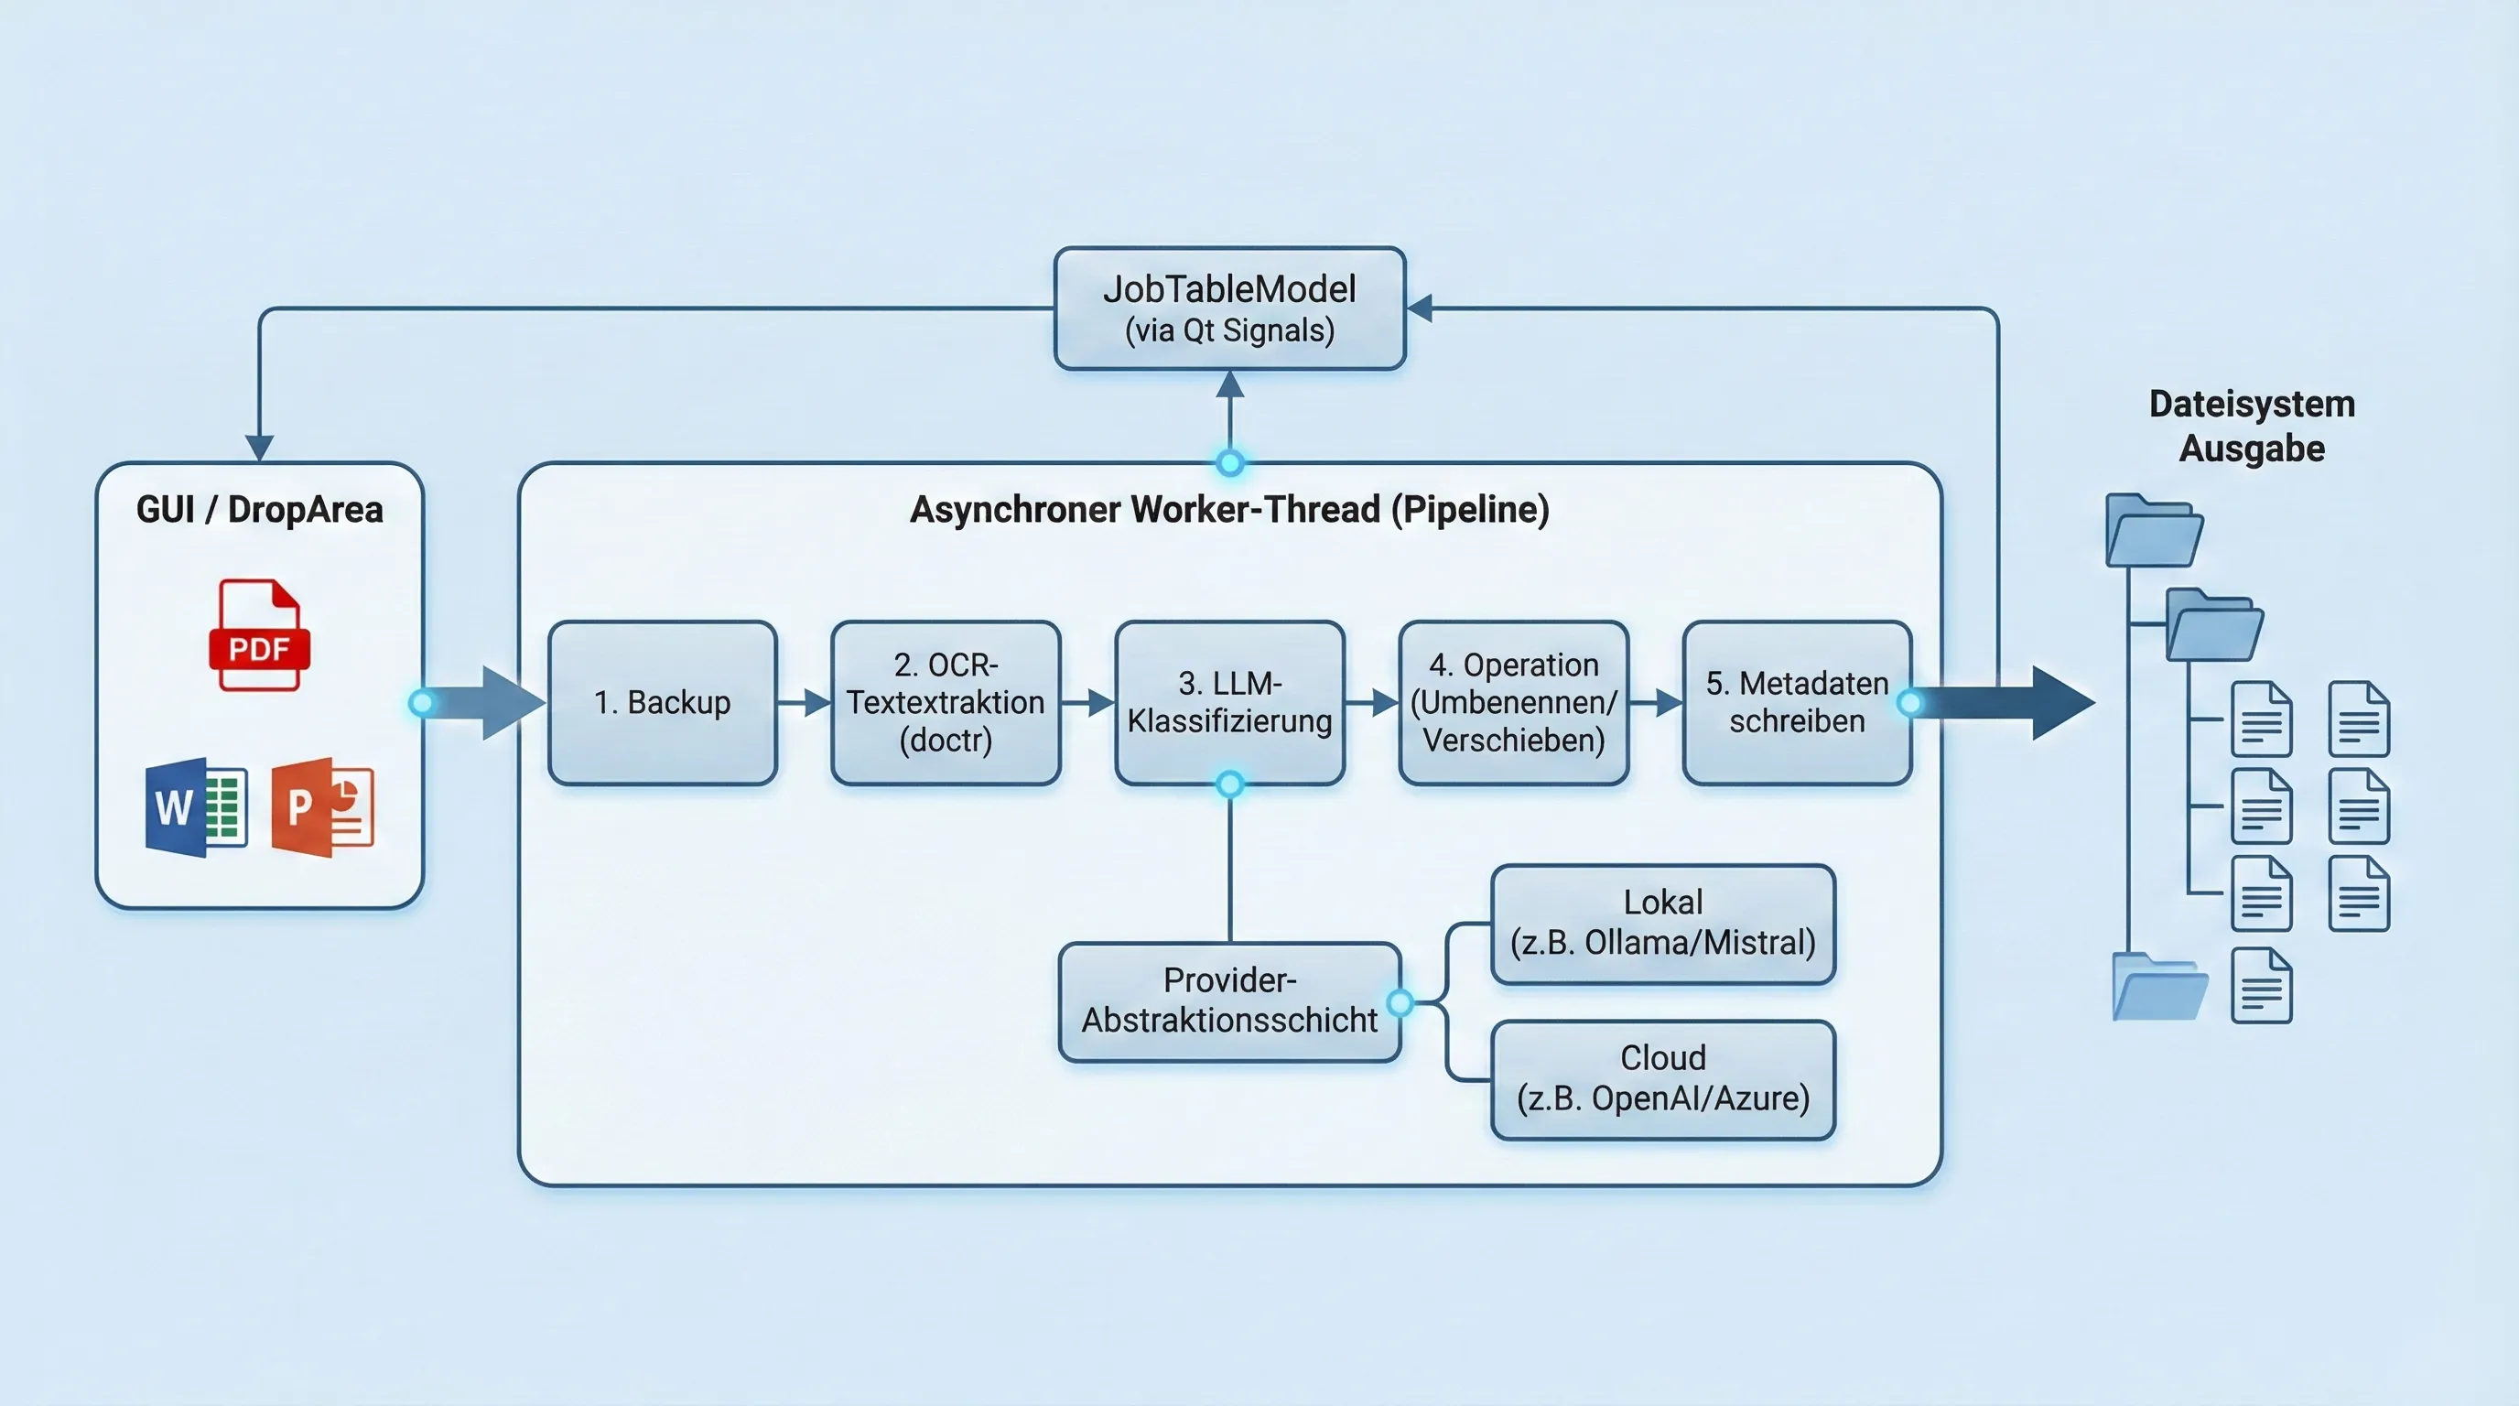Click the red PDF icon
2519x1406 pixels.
click(259, 635)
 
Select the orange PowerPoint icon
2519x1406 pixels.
click(323, 807)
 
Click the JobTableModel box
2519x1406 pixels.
click(1229, 308)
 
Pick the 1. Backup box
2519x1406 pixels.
click(662, 702)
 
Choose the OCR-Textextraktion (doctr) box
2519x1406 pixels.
click(946, 702)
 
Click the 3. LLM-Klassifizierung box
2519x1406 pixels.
click(1229, 702)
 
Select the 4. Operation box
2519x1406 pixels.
click(1513, 702)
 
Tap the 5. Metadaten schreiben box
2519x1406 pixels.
click(1797, 702)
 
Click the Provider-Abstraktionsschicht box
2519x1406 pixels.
click(1229, 1001)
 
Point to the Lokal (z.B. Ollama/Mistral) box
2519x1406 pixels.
click(1662, 923)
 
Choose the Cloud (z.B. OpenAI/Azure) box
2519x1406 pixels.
click(1662, 1078)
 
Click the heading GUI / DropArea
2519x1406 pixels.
click(259, 510)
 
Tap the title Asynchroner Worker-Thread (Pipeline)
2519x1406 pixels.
click(1229, 510)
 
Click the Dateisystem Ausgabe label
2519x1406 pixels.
click(2251, 427)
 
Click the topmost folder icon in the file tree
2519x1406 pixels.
click(2153, 531)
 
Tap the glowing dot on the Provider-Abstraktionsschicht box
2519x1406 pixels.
click(1400, 1001)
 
